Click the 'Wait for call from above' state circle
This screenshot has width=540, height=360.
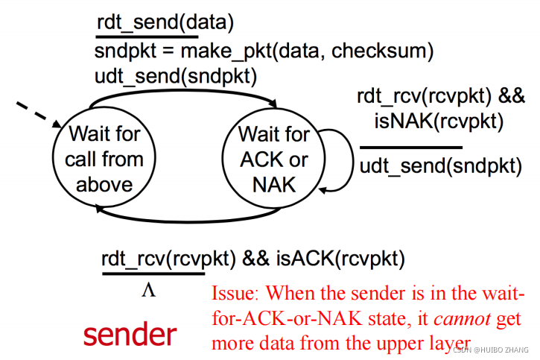click(104, 160)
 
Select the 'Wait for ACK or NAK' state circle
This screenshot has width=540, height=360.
click(273, 160)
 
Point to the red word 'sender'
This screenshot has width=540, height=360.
click(130, 333)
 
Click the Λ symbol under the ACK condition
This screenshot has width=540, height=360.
click(148, 290)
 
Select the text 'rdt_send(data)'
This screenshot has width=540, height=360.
click(165, 23)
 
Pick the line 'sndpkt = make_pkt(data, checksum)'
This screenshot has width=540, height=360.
click(264, 51)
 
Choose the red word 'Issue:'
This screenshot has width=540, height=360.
click(237, 294)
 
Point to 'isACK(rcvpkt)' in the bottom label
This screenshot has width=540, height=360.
click(340, 259)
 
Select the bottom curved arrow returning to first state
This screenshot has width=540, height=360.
click(186, 218)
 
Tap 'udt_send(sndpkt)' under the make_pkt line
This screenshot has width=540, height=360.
click(175, 75)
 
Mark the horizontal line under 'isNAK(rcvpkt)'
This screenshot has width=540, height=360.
click(410, 147)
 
